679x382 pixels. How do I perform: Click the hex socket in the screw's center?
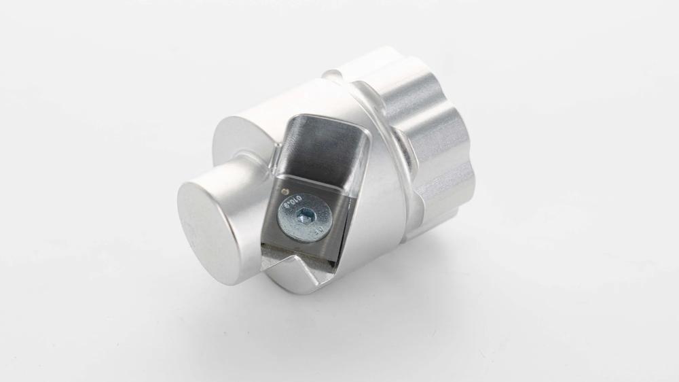(304, 218)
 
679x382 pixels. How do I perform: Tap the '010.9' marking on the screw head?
(293, 203)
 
